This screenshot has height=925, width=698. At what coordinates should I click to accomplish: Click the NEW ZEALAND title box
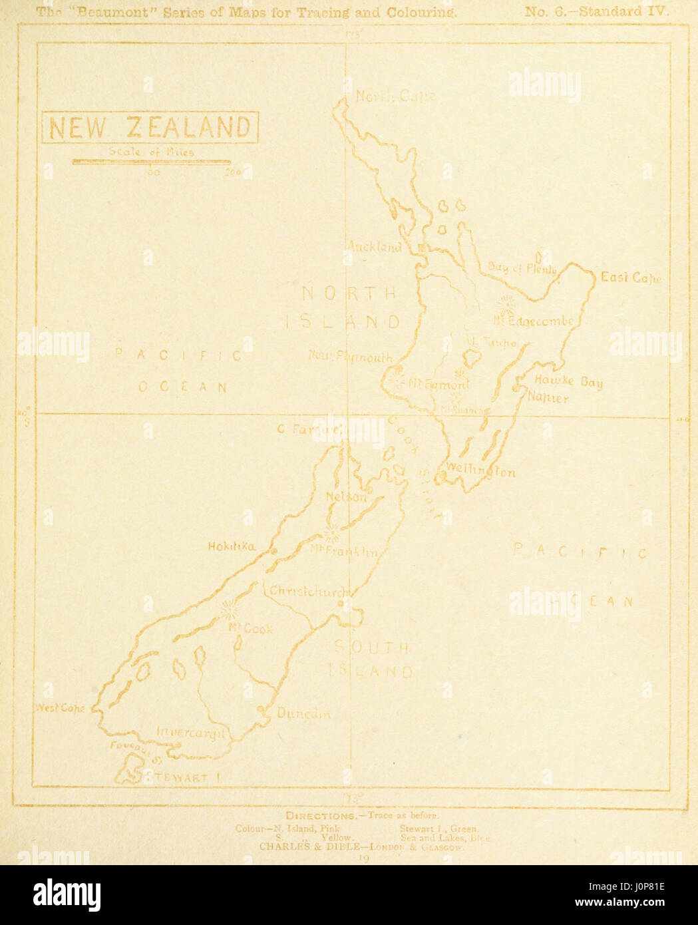tap(149, 127)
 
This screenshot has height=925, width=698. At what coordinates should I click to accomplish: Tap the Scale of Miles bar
tap(151, 161)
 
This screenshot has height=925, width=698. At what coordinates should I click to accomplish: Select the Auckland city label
tap(375, 247)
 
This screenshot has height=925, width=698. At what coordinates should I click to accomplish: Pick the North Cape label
tap(395, 96)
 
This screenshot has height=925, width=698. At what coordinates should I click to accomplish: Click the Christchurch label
tap(307, 592)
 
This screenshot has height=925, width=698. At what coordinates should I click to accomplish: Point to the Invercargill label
tap(192, 732)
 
